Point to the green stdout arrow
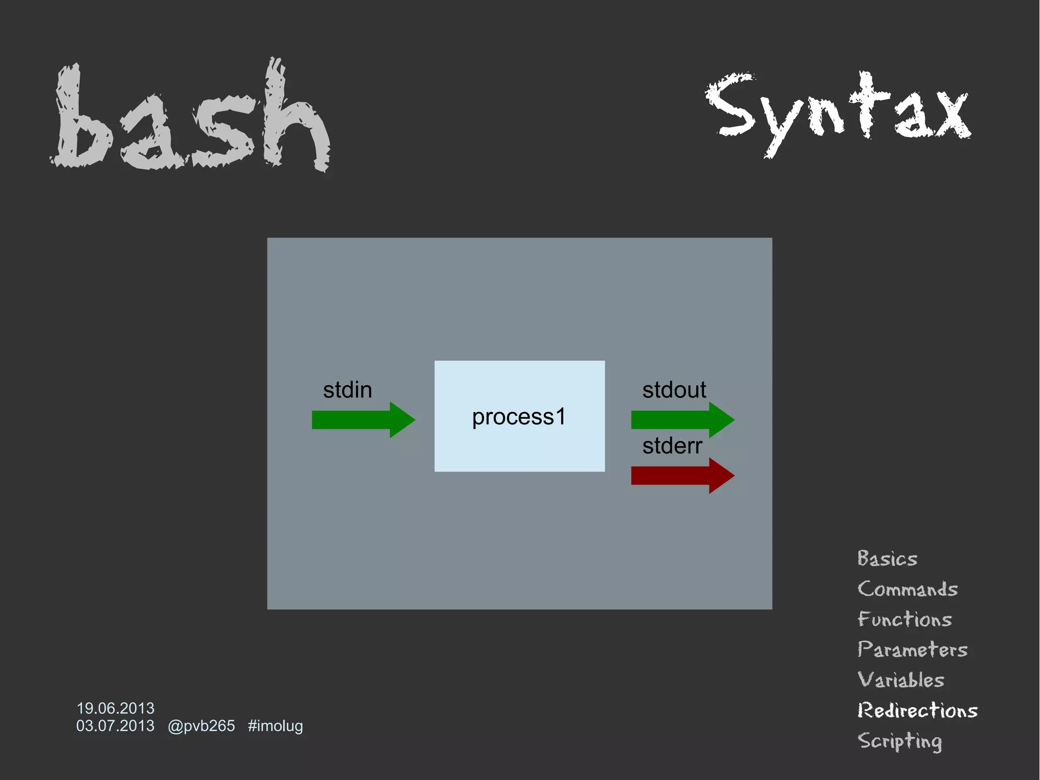pyautogui.click(x=681, y=420)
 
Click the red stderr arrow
pyautogui.click(x=681, y=476)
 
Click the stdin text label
pyautogui.click(x=347, y=390)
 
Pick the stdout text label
pyautogui.click(x=674, y=390)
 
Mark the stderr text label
pyautogui.click(x=672, y=446)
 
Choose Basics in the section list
pyautogui.click(x=887, y=558)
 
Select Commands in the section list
pyautogui.click(x=907, y=589)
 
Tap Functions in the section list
pyautogui.click(x=904, y=619)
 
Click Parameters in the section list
pyautogui.click(x=912, y=649)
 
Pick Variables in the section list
pyautogui.click(x=901, y=680)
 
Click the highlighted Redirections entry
pyautogui.click(x=917, y=710)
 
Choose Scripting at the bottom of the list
pyautogui.click(x=899, y=741)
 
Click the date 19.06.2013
pyautogui.click(x=115, y=708)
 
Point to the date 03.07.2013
pyautogui.click(x=115, y=726)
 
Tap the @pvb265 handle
pyautogui.click(x=201, y=726)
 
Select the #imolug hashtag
pyautogui.click(x=275, y=726)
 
